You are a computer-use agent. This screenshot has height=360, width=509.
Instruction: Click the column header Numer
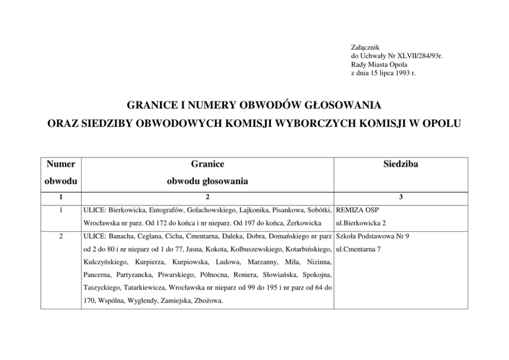point(61,164)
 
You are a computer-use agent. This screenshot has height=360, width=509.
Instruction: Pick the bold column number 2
point(208,197)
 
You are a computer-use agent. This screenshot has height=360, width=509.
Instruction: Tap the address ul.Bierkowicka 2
point(361,223)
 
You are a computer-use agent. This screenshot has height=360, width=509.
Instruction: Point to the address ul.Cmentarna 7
point(360,250)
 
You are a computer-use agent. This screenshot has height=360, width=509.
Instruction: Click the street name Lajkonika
point(252,210)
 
